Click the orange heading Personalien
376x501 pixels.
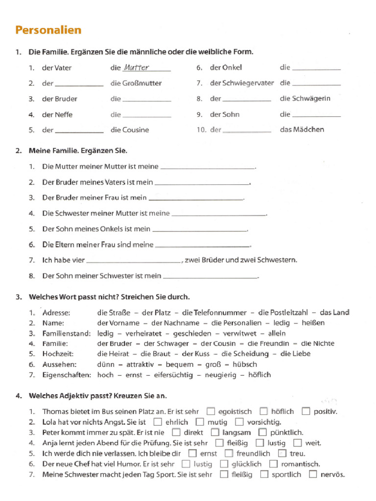tap(48, 30)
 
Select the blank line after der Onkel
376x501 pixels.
tap(316, 69)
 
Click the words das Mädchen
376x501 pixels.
tap(302, 130)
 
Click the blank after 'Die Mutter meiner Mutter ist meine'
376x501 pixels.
tap(208, 167)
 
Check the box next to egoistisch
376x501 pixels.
tap(211, 411)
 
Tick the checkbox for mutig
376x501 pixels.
tap(200, 422)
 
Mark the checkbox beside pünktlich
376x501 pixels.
tap(262, 433)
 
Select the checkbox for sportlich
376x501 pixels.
tap(264, 474)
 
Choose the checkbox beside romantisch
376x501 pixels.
tap(274, 464)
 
